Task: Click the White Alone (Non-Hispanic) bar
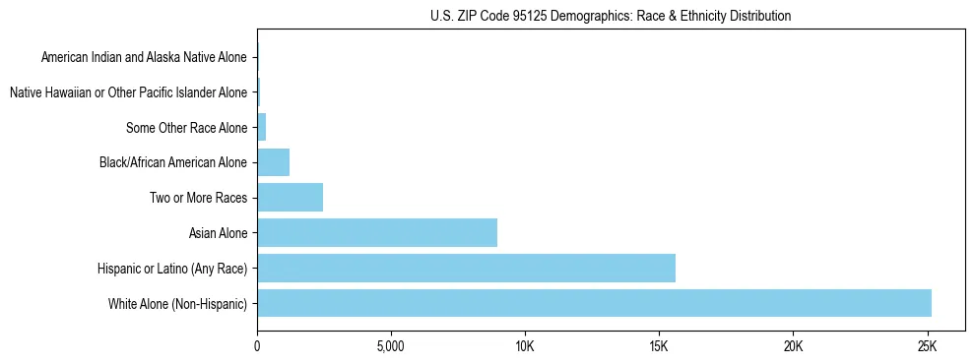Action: tap(594, 303)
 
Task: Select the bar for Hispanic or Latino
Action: tap(466, 268)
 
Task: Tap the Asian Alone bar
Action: tap(377, 232)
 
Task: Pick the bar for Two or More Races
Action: tap(290, 197)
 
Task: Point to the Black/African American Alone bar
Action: tap(273, 161)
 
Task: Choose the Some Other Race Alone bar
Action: tap(262, 127)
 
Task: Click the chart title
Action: tap(611, 16)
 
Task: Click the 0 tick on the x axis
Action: tap(257, 347)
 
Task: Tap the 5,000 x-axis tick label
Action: tap(391, 347)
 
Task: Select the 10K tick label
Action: tap(525, 347)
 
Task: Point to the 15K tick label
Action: tap(659, 347)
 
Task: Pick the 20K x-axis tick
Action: tap(793, 347)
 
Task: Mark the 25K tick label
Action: tap(927, 347)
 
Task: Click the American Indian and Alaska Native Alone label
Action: tap(144, 57)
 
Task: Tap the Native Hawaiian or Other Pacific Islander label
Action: tap(128, 92)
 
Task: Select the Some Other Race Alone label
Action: tap(187, 128)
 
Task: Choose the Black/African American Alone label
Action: tap(173, 162)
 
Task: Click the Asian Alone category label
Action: tap(218, 233)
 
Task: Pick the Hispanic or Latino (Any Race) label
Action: tap(172, 269)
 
